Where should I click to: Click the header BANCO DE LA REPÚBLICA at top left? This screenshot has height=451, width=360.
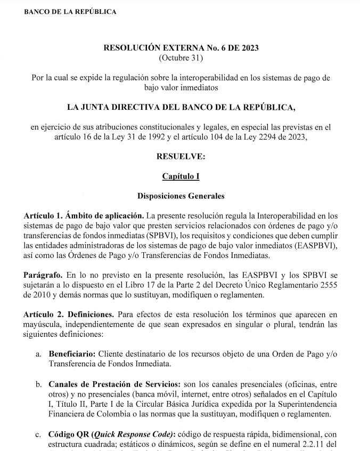point(70,12)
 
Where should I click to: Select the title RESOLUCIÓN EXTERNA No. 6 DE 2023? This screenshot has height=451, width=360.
point(181,48)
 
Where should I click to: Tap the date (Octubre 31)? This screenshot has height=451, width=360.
point(181,58)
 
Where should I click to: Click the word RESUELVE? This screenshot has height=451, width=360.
point(181,157)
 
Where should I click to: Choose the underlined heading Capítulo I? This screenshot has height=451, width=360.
point(181,176)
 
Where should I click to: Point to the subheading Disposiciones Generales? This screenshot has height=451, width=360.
point(181,196)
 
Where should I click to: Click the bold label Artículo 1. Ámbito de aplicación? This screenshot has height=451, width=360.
point(84,215)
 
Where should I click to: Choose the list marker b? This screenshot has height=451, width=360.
point(39,383)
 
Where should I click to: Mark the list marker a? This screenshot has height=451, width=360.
point(39,353)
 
